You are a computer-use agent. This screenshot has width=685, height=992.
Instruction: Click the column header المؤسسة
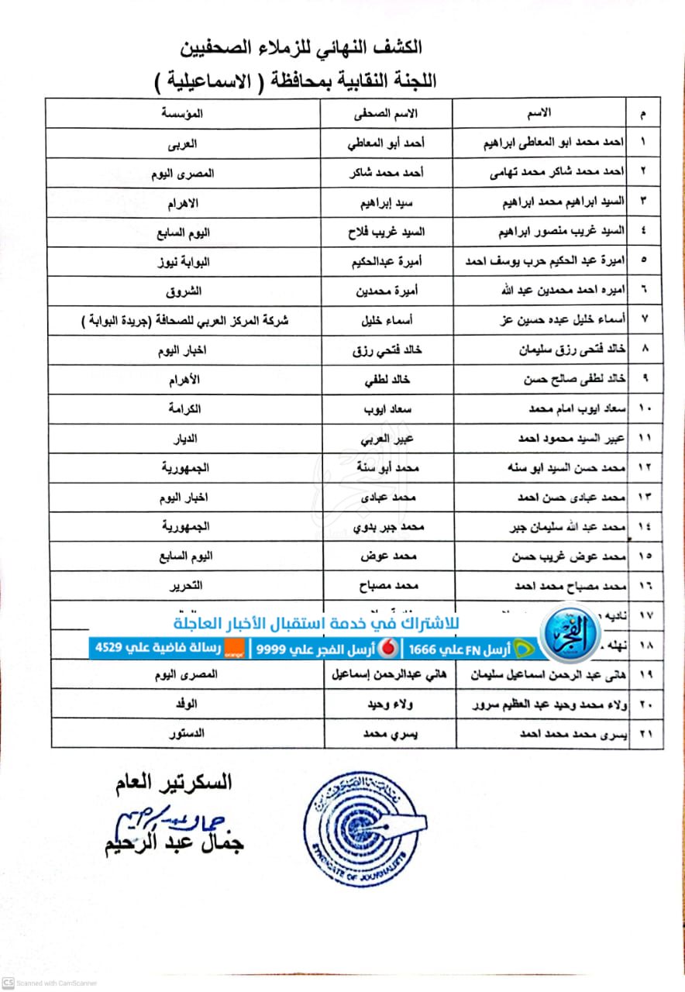[182, 113]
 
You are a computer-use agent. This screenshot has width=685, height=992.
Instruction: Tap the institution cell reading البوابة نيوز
[183, 263]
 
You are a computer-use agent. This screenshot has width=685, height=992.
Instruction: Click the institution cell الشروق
[184, 292]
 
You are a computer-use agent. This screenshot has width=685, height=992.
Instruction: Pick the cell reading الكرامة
[184, 409]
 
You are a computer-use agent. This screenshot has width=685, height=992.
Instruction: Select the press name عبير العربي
[387, 439]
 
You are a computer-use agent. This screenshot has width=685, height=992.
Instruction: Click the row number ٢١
[645, 732]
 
